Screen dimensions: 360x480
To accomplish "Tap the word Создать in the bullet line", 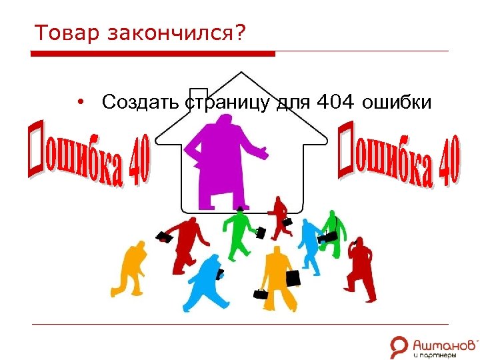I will [141, 103].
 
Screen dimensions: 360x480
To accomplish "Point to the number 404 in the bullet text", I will [333, 103].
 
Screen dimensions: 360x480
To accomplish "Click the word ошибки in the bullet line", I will [398, 103].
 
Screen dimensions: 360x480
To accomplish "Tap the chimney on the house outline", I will [198, 97].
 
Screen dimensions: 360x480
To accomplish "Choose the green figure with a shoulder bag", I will [331, 230].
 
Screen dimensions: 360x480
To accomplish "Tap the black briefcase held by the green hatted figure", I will [261, 233].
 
